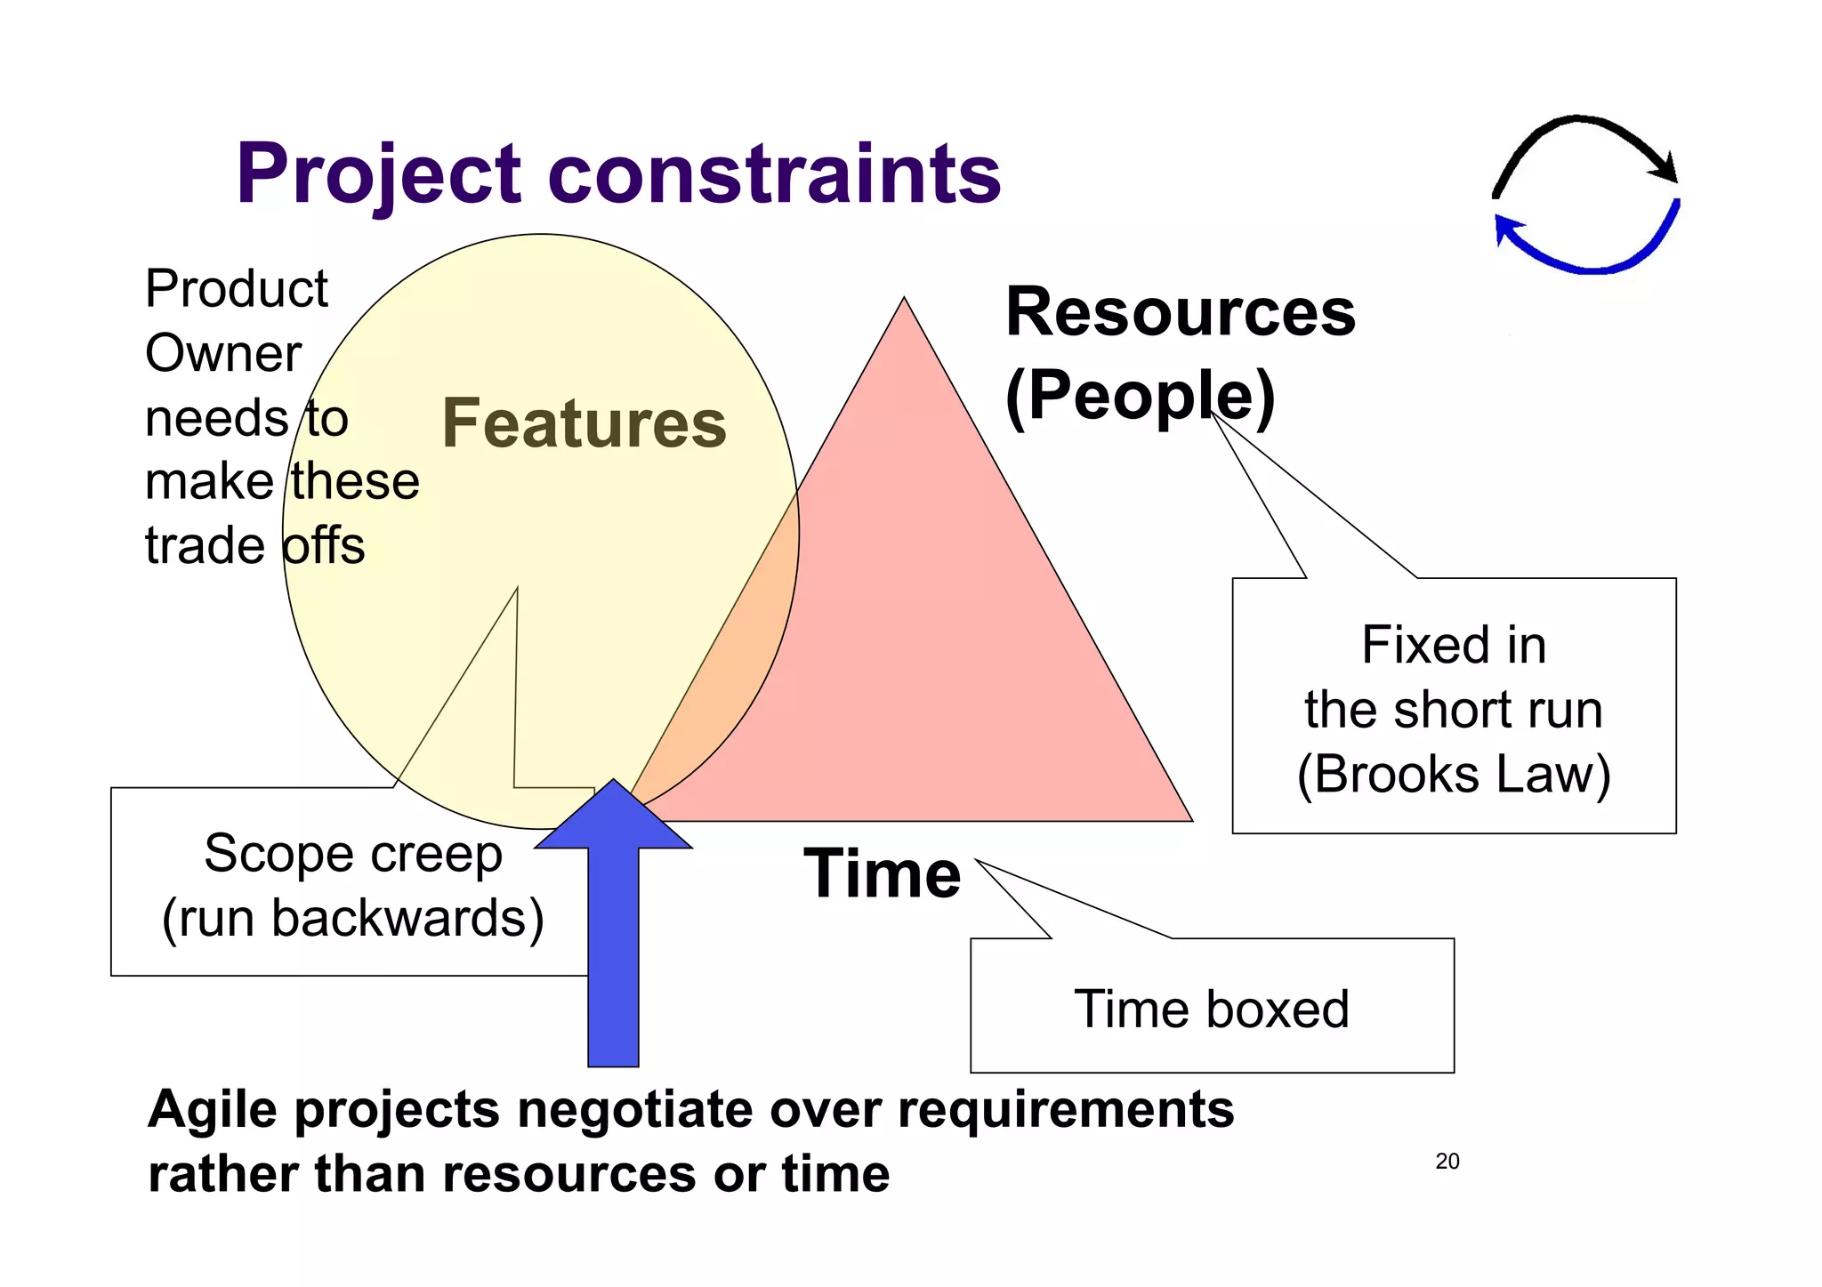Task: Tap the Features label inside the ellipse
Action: click(584, 423)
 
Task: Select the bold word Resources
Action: click(1181, 313)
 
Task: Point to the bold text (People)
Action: click(1140, 396)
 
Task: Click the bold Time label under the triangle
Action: click(882, 874)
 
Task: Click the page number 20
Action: click(1447, 1161)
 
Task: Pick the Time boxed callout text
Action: click(1212, 1009)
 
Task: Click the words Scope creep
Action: click(353, 854)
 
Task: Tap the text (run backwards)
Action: click(353, 919)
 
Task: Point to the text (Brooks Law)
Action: click(1454, 775)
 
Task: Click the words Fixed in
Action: click(1454, 645)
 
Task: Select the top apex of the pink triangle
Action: click(904, 301)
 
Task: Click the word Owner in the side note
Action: click(223, 354)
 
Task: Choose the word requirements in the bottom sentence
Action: click(1066, 1110)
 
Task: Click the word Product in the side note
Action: click(237, 289)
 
